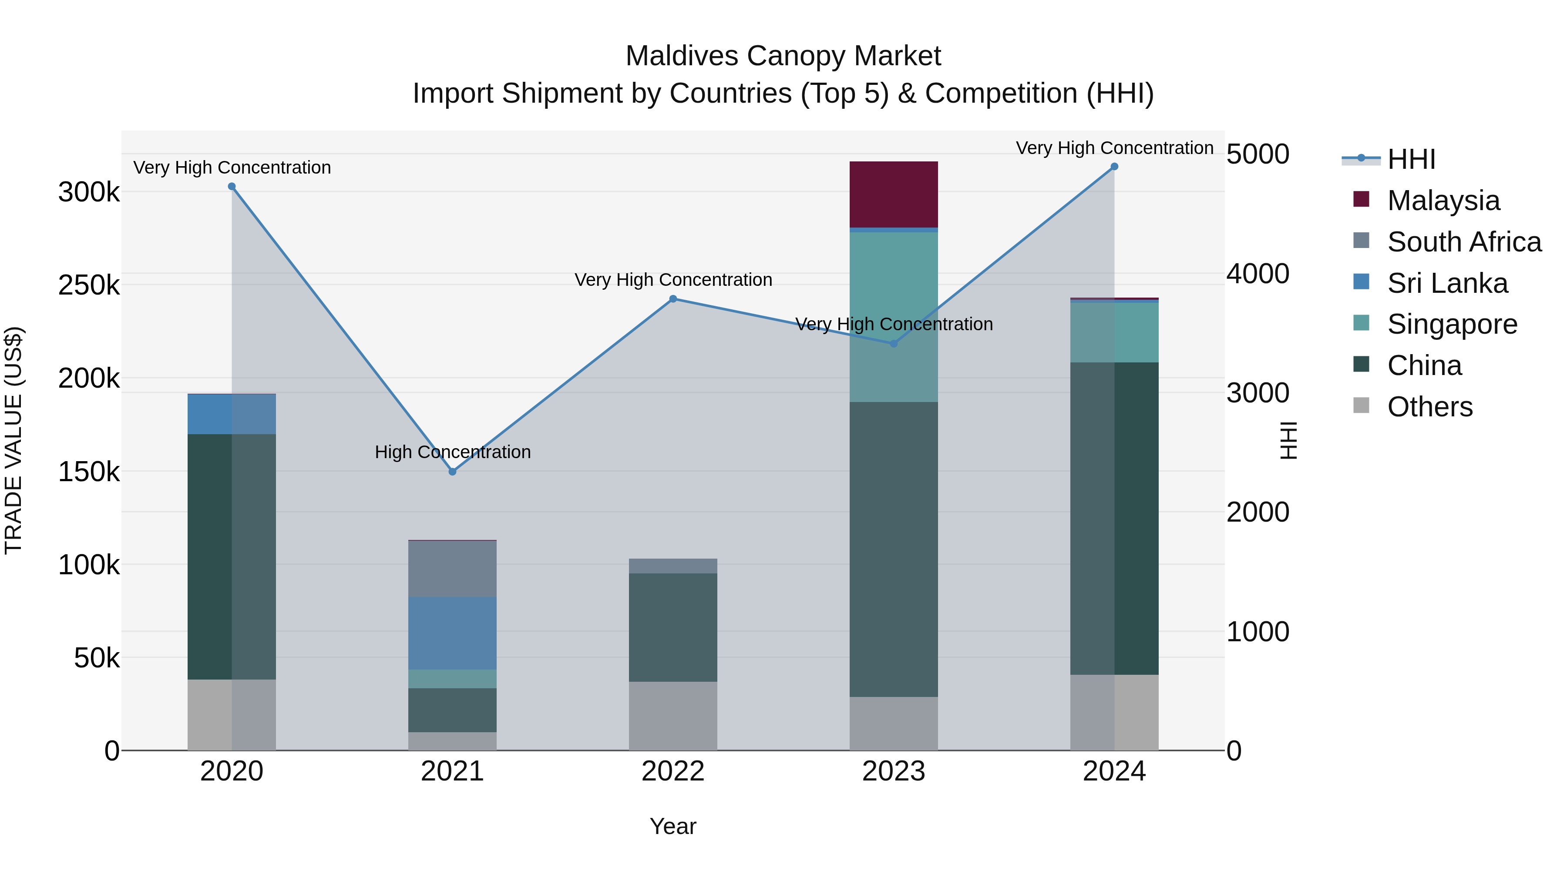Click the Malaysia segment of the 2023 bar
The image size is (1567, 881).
pos(893,194)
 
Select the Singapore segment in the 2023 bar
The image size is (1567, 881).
pos(893,316)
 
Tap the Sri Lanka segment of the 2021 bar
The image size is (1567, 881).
pos(452,633)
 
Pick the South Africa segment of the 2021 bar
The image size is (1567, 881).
pos(452,569)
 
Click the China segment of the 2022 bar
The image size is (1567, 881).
pos(673,627)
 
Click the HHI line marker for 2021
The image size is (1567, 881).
pos(452,472)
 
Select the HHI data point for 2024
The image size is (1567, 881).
pos(1114,167)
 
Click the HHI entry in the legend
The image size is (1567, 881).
pos(1411,159)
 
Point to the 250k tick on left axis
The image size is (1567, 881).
pos(89,285)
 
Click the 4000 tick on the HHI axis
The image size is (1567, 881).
pos(1257,274)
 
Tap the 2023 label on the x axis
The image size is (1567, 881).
pos(893,771)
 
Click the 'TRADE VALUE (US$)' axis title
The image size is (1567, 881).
pos(13,440)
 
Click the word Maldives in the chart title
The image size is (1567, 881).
pos(681,56)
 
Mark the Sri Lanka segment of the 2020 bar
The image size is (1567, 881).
pos(231,414)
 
